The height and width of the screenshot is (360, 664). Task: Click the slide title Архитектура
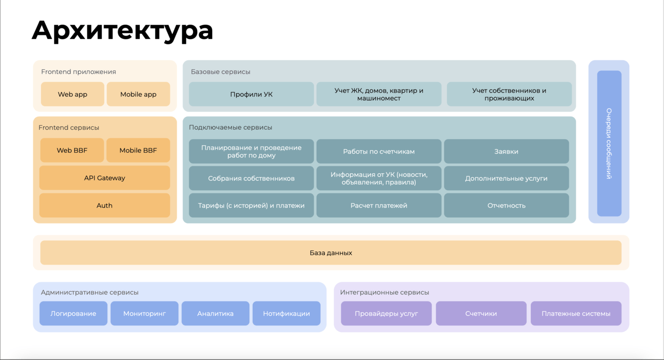[122, 30]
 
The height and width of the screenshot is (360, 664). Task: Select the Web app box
[72, 94]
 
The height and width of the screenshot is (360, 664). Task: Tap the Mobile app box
[138, 94]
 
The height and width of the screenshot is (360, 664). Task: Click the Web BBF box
[72, 151]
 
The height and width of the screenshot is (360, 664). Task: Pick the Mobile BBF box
[138, 151]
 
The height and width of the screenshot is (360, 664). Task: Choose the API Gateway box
[105, 178]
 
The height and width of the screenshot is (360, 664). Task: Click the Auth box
[105, 206]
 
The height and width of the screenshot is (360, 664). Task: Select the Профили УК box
[251, 94]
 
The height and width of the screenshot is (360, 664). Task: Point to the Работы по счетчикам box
[379, 152]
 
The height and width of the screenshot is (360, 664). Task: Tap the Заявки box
[506, 152]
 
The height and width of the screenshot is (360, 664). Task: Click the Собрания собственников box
[251, 178]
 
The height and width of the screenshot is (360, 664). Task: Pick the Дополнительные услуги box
[506, 178]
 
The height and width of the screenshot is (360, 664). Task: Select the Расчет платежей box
[379, 206]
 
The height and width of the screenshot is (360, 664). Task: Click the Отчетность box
[506, 206]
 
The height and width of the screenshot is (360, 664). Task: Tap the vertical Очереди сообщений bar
[609, 143]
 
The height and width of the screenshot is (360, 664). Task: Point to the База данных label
[331, 253]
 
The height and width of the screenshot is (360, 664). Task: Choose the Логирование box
[73, 313]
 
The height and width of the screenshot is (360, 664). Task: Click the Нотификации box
[286, 313]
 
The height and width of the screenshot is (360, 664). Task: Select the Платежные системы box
[576, 313]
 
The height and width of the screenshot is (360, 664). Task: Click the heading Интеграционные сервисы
[385, 293]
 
